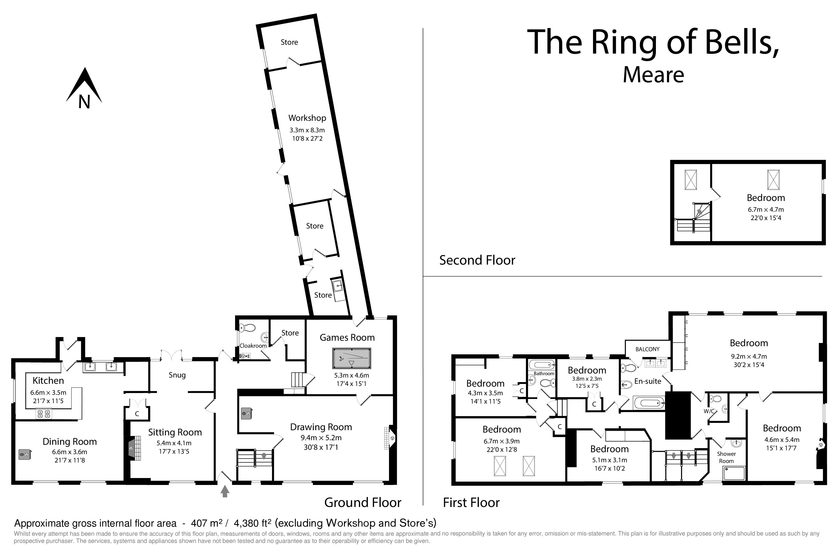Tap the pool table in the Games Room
(351, 358)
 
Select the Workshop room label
(307, 118)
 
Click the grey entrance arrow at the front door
(225, 491)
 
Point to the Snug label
(177, 375)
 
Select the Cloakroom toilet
(248, 328)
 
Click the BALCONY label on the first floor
(647, 349)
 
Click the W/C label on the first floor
(709, 411)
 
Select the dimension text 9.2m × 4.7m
(749, 356)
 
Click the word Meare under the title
(653, 75)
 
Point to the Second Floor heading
(477, 260)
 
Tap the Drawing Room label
(321, 427)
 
